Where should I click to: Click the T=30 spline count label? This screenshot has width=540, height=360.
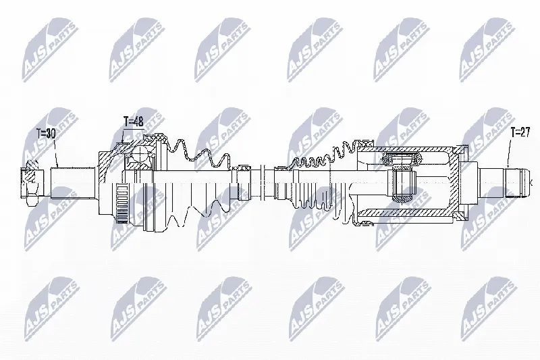(46, 134)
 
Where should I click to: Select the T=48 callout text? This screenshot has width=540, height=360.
(133, 122)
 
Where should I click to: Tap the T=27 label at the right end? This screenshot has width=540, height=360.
(520, 132)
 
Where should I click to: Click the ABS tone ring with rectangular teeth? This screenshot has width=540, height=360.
(121, 203)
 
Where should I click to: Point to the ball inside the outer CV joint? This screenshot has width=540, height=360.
(141, 155)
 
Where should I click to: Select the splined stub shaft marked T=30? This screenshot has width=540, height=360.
(73, 182)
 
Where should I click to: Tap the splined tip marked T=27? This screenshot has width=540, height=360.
(515, 182)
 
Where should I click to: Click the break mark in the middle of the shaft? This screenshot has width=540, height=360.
(263, 182)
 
